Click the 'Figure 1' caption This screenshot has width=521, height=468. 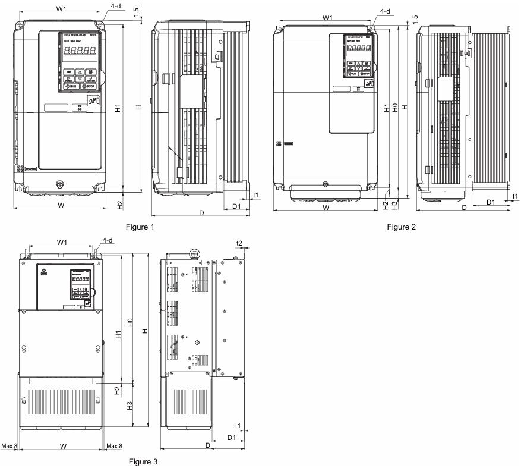(x=140, y=227)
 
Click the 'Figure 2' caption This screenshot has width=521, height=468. (x=401, y=227)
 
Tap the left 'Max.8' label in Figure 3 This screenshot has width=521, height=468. (x=9, y=446)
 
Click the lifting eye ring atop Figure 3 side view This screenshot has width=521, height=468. (x=194, y=254)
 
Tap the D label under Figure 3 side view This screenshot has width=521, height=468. (x=207, y=445)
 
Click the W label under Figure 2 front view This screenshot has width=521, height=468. (x=326, y=208)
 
